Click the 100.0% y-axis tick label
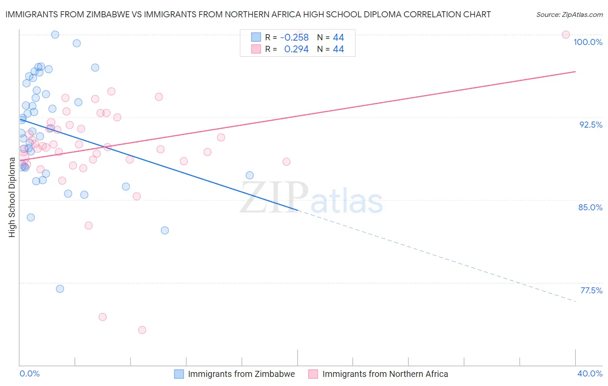(588, 42)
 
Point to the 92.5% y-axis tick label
(591, 125)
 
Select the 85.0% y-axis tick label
(590, 207)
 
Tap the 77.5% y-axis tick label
(591, 290)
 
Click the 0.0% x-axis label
(29, 373)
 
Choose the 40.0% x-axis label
(589, 373)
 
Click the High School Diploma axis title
(12, 197)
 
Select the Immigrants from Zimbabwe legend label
(241, 374)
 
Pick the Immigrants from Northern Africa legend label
(385, 374)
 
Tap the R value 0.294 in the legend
(296, 49)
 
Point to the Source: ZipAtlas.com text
(569, 14)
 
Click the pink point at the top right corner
(566, 35)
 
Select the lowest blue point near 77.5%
(60, 289)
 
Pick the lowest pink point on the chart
(142, 330)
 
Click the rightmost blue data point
(250, 175)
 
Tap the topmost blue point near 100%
(55, 35)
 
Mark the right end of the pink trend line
(576, 71)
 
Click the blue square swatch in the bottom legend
(179, 374)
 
